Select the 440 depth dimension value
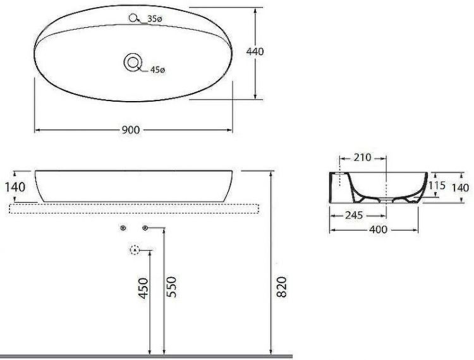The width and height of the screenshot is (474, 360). pyautogui.click(x=255, y=52)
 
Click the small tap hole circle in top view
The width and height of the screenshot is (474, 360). pyautogui.click(x=133, y=19)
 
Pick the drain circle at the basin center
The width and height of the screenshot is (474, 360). pyautogui.click(x=133, y=62)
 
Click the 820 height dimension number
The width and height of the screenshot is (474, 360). pyautogui.click(x=282, y=288)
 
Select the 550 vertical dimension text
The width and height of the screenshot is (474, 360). pyautogui.click(x=170, y=288)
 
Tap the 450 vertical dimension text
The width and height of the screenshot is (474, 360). pyautogui.click(x=143, y=288)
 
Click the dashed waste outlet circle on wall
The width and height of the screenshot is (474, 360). pyautogui.click(x=134, y=250)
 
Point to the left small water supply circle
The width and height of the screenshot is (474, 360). pyautogui.click(x=123, y=227)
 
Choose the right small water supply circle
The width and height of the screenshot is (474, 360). pyautogui.click(x=145, y=227)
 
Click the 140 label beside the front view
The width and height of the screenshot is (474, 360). pyautogui.click(x=14, y=187)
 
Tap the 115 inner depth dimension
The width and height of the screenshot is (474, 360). pyautogui.click(x=437, y=186)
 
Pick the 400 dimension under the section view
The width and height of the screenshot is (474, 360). pyautogui.click(x=377, y=230)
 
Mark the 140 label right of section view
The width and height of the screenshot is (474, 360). pyautogui.click(x=461, y=187)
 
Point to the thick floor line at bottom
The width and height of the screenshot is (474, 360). pyautogui.click(x=145, y=356)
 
